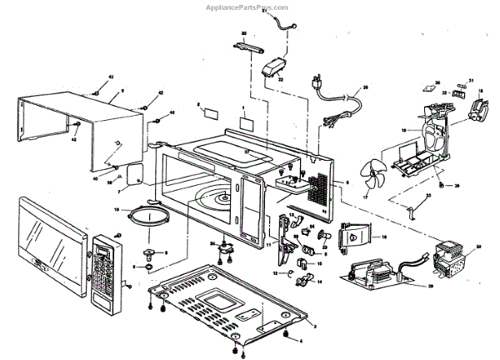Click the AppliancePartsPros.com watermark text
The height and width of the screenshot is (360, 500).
click(249, 5)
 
